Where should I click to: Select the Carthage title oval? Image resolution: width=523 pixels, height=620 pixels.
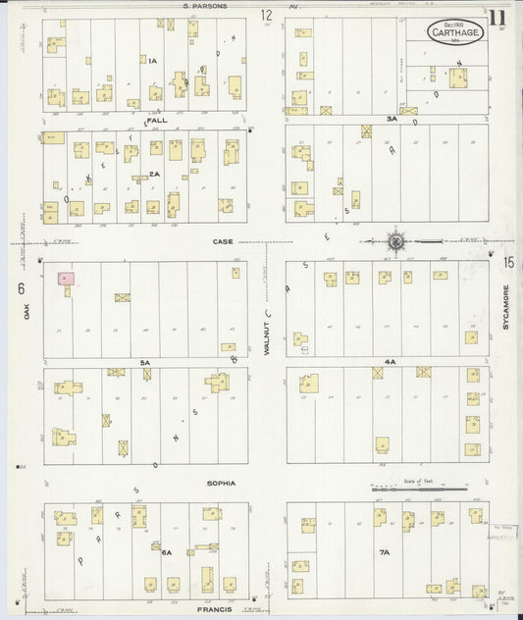455,30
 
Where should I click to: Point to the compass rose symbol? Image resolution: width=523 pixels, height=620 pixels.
395,241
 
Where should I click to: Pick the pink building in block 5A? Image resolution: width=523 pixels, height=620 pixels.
65,280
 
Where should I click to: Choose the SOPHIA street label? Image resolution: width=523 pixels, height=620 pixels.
221,484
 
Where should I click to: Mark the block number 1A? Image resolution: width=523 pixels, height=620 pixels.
152,61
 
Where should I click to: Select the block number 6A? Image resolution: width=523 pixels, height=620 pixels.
167,553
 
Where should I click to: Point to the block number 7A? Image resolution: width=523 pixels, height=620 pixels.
385,553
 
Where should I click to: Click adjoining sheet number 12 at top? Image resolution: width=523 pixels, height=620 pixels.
266,15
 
